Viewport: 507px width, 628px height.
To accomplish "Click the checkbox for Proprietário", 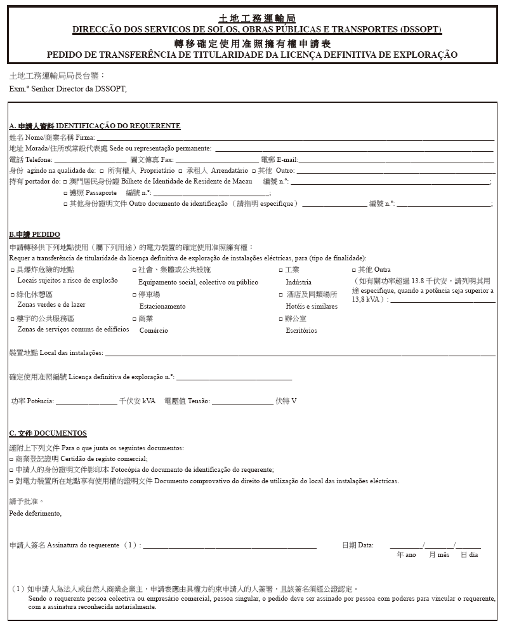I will (102, 171).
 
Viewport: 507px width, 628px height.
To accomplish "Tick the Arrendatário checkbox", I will (181, 171).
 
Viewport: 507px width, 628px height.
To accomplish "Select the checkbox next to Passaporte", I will (65, 192).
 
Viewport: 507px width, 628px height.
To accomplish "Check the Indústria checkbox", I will (280, 270).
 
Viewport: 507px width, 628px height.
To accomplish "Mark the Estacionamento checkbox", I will (134, 295).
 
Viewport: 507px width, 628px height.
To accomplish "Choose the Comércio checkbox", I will (134, 319).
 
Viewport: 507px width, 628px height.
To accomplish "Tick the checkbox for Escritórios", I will (280, 319).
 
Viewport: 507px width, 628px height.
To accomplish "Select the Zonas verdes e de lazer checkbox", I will (12, 295).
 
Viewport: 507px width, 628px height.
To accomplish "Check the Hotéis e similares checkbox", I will (280, 295).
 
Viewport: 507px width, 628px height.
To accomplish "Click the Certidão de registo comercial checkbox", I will (11, 458).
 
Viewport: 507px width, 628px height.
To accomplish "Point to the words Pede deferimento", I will (36, 513).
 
